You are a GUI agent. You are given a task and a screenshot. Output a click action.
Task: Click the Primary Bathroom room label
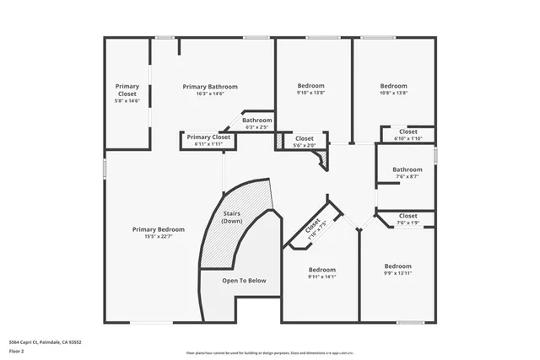[210, 86]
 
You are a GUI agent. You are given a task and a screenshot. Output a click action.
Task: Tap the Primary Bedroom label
[158, 229]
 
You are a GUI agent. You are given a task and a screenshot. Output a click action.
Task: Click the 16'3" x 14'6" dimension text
[210, 94]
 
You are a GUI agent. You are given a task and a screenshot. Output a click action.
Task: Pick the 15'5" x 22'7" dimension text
[158, 237]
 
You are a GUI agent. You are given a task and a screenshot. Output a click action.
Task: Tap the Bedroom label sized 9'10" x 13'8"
[310, 86]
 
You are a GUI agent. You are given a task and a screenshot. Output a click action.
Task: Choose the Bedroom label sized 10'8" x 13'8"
[393, 86]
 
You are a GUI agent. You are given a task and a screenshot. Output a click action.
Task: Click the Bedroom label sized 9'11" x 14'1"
[321, 269]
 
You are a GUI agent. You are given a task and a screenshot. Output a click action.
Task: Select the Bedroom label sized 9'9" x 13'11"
[397, 266]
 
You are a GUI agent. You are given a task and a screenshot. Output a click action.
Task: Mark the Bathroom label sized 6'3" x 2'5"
[257, 121]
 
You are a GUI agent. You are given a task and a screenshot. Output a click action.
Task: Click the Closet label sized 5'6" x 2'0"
[304, 138]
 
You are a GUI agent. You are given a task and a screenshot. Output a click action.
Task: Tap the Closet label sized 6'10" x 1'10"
[408, 132]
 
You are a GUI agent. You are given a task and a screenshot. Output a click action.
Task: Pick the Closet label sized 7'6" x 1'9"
[408, 216]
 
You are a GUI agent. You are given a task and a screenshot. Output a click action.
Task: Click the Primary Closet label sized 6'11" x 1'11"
[208, 137]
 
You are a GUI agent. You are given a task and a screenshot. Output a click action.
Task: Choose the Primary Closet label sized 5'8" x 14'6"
[127, 89]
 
